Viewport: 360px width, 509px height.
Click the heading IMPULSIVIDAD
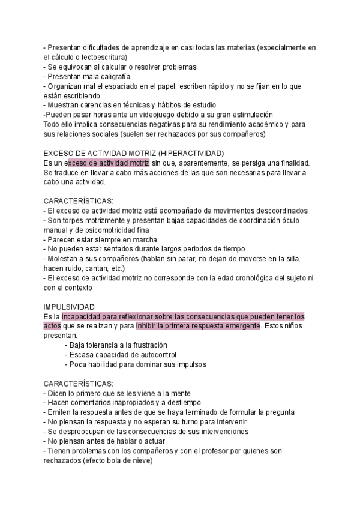click(x=70, y=306)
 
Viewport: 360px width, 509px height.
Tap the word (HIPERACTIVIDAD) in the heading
click(x=188, y=153)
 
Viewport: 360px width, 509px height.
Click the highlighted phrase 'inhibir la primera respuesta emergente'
click(x=198, y=325)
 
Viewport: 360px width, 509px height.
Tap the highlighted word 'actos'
click(x=52, y=325)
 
